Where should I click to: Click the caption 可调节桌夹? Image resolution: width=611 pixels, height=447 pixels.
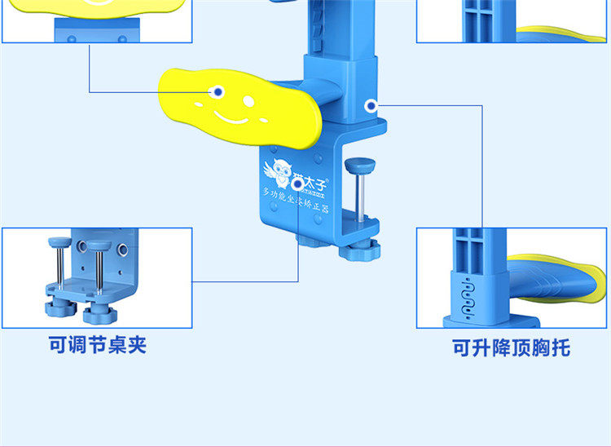[x=98, y=345]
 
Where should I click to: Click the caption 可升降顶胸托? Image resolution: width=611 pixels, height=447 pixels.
[x=512, y=348]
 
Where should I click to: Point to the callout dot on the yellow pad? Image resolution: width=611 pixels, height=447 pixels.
[x=218, y=92]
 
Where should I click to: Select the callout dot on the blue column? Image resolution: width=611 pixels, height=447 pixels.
[x=371, y=105]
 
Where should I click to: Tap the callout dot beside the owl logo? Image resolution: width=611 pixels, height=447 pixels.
[x=297, y=185]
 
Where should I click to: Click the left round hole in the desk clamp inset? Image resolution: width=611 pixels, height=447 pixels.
[x=81, y=245]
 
